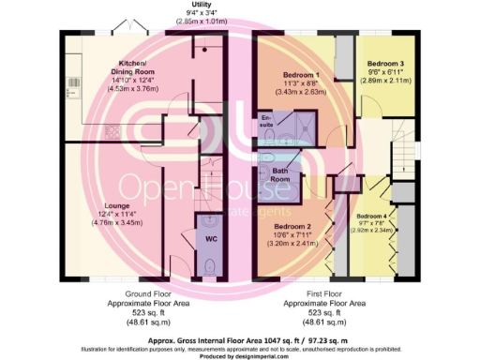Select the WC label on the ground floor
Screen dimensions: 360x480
point(211,238)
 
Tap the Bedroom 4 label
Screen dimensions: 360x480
point(372,216)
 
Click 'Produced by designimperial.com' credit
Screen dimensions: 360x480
point(240,353)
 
